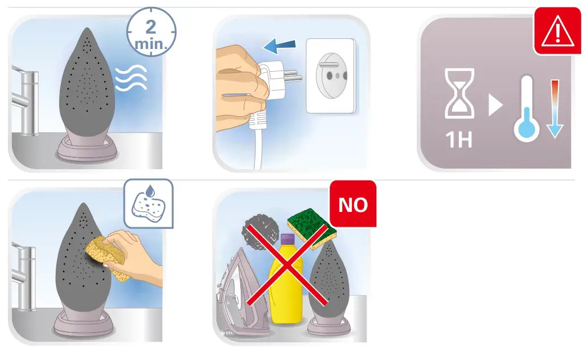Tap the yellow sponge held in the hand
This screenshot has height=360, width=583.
(x=105, y=257)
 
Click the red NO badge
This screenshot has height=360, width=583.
(x=353, y=204)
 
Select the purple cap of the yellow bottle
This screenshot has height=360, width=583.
(x=287, y=239)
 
